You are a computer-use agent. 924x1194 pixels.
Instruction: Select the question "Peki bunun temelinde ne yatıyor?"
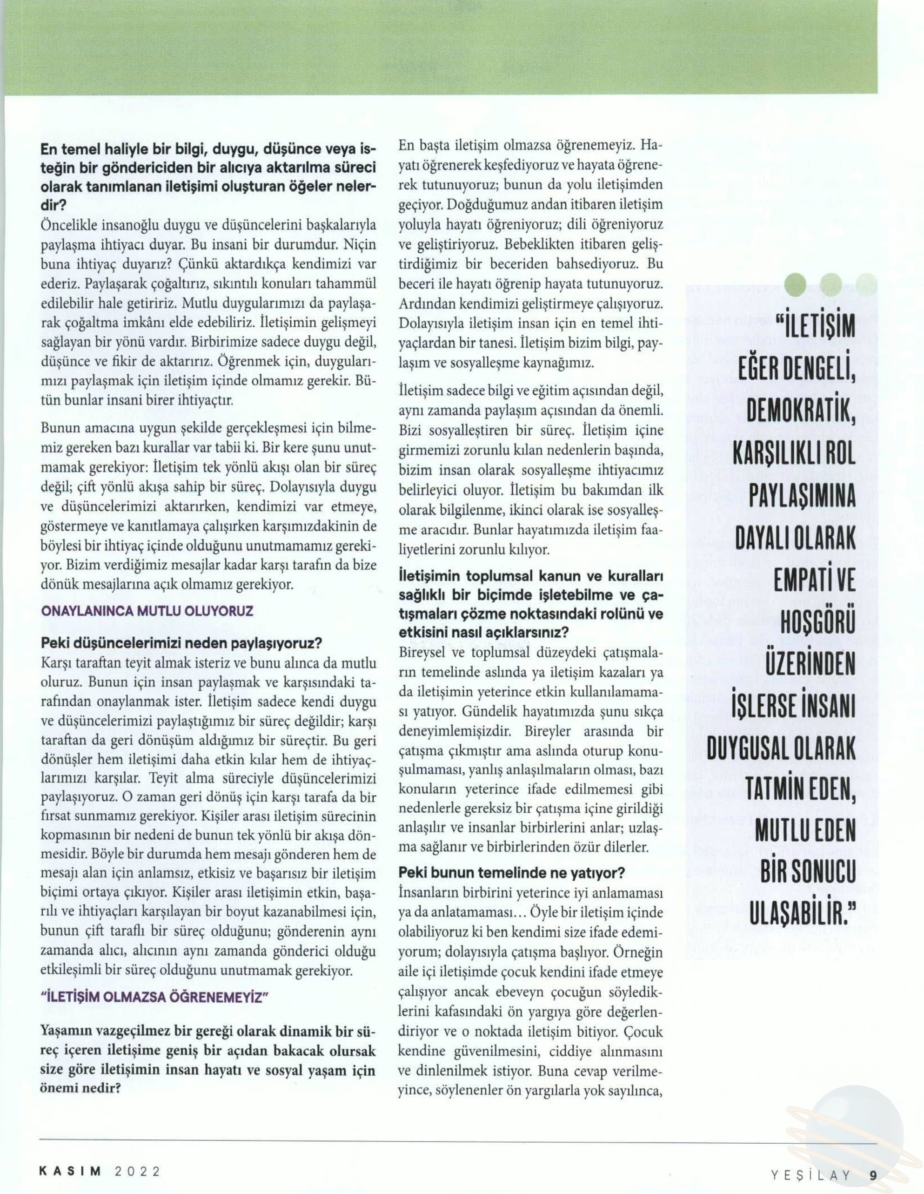[511, 873]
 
